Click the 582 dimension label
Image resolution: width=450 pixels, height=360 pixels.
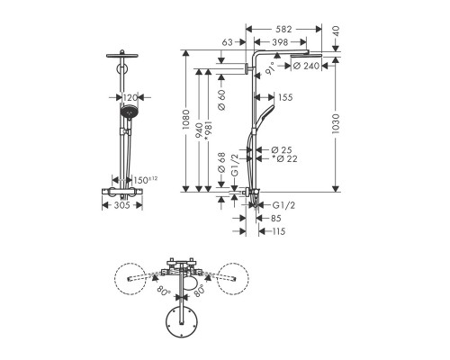[x=283, y=29]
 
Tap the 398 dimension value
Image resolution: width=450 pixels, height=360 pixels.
[x=280, y=42]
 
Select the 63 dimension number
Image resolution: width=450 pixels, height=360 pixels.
[x=227, y=42]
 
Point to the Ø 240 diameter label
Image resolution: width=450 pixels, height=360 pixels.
[x=306, y=66]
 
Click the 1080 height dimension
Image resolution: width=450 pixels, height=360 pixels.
[x=185, y=120]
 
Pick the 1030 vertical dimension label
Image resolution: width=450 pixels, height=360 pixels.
[x=336, y=123]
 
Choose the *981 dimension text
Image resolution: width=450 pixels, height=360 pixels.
[x=208, y=130]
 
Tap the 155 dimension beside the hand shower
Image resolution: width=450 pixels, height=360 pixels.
[x=285, y=97]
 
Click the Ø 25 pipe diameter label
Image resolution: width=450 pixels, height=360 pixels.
[x=282, y=149]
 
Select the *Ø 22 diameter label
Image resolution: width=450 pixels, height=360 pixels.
[x=284, y=158]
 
